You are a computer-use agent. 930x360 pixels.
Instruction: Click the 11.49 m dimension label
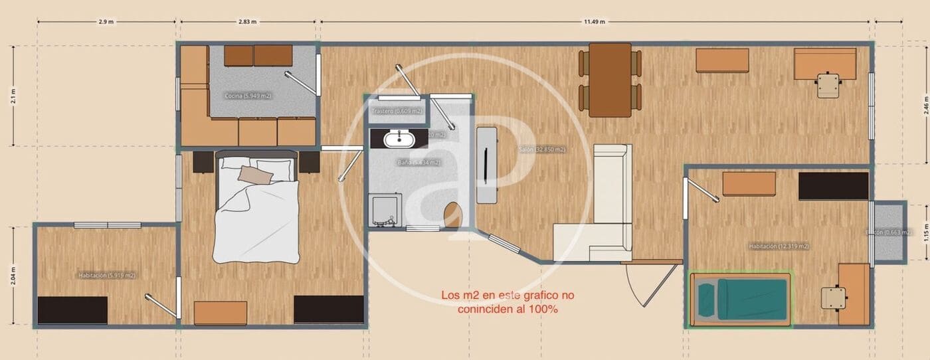click(594, 22)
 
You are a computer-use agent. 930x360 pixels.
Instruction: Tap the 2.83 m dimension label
click(247, 22)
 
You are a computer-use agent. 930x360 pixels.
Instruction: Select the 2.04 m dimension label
click(13, 276)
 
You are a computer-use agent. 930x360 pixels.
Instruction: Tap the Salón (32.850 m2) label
click(542, 150)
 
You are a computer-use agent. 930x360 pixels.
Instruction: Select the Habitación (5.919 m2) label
click(107, 275)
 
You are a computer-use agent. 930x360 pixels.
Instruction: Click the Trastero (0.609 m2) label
click(397, 112)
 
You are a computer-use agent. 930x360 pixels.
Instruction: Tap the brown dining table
click(610, 80)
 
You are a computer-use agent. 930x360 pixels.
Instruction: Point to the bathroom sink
click(400, 139)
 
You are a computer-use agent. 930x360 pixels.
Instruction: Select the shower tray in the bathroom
click(385, 210)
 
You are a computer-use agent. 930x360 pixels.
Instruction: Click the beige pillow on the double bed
click(256, 175)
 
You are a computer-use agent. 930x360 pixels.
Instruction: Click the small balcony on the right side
click(889, 231)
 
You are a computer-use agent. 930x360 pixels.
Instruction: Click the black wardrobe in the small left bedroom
click(72, 310)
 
